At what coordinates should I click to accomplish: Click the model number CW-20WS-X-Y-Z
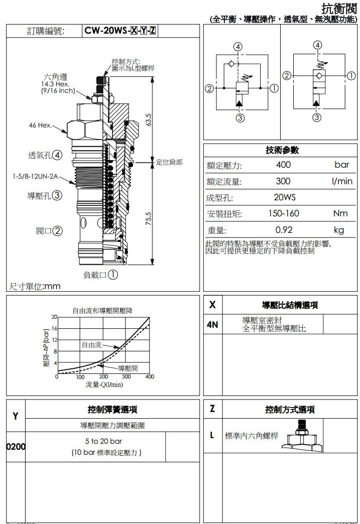[x=120, y=31]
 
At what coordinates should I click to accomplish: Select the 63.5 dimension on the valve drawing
[x=149, y=120]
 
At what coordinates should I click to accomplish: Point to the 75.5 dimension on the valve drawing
[x=149, y=219]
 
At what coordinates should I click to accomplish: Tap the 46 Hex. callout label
[x=40, y=125]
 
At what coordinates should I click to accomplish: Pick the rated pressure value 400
[x=283, y=165]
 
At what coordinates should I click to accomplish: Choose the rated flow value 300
[x=283, y=181]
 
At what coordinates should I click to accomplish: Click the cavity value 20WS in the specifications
[x=284, y=197]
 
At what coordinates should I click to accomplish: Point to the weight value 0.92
[x=284, y=230]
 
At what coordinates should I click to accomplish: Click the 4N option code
[x=212, y=324]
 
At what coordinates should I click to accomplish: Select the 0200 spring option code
[x=16, y=446]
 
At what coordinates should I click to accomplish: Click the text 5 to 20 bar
[x=103, y=441]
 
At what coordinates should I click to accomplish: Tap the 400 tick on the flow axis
[x=150, y=376]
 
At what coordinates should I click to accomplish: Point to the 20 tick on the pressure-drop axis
[x=54, y=317]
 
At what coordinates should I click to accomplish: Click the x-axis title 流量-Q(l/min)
[x=104, y=384]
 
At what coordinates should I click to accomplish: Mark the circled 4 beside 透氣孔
[x=58, y=155]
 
